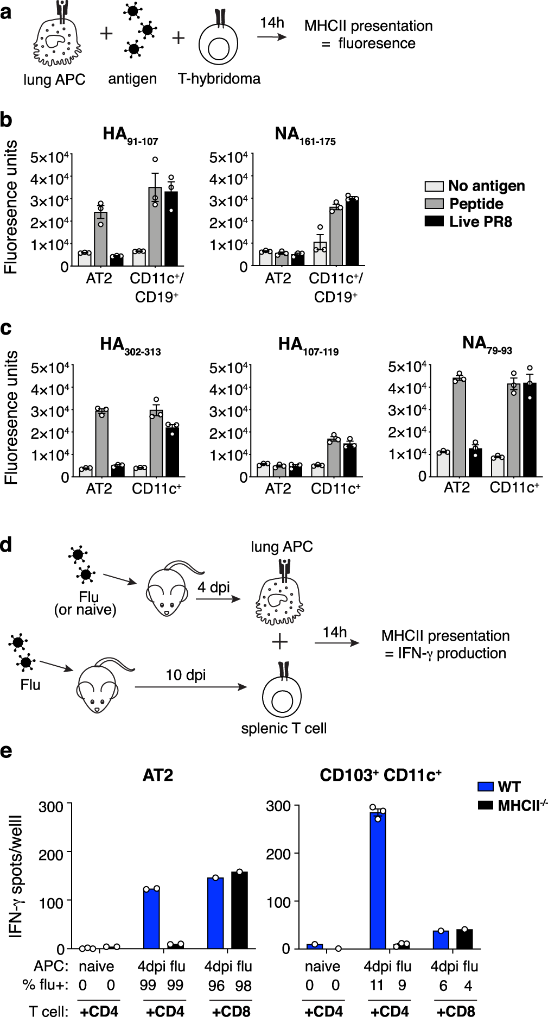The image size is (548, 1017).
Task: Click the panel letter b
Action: [7, 120]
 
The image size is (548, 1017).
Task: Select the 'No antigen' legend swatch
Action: [434, 186]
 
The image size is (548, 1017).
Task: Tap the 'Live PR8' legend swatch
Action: [434, 222]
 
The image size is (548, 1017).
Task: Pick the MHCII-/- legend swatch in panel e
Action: [486, 805]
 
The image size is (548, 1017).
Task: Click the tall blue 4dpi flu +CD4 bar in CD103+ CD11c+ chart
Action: [378, 880]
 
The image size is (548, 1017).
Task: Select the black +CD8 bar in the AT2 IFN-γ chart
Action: [239, 910]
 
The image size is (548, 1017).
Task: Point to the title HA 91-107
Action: [130, 135]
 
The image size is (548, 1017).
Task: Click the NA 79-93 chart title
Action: [487, 344]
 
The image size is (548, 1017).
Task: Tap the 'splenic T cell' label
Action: [284, 728]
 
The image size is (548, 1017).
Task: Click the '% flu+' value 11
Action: [377, 985]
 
